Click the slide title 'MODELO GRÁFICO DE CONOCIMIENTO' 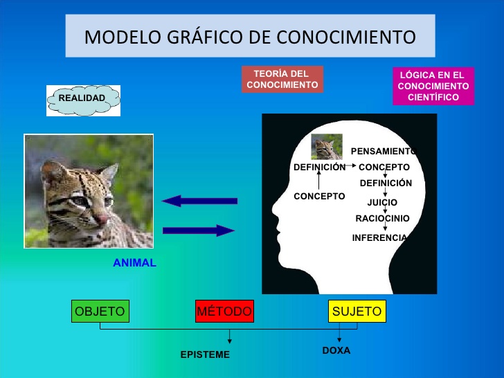coord(250,37)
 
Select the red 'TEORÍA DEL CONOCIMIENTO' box coord(282,79)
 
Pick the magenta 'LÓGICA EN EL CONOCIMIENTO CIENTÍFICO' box coord(433,86)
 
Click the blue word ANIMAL coord(135,263)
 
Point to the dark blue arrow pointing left coord(199,201)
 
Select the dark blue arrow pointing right coord(199,231)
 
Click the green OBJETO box coord(100,311)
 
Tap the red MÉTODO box coord(225,311)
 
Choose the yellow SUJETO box coord(357,311)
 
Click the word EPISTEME coord(205,354)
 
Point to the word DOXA coord(336,350)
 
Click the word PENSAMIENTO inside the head coord(384,151)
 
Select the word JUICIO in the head coord(382,202)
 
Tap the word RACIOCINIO coord(382,219)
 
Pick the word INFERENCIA coord(379,238)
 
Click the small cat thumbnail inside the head coord(327,147)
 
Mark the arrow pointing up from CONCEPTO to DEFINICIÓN coord(319,179)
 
